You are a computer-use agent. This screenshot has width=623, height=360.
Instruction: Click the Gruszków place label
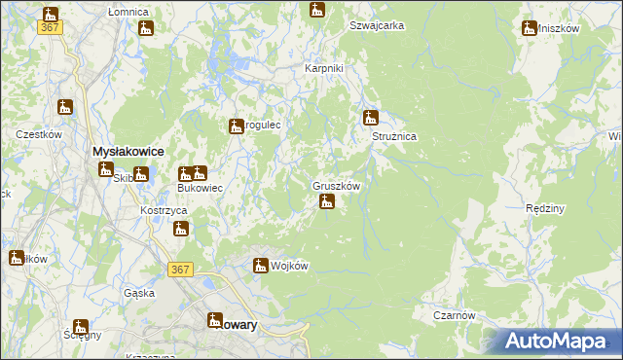[x=337, y=185]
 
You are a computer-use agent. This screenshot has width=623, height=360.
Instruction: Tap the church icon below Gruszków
[x=327, y=202]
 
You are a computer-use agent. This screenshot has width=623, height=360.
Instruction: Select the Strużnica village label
[x=394, y=137]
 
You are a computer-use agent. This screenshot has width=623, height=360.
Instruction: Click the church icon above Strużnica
[x=370, y=119]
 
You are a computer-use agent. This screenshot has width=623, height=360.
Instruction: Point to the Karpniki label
[x=324, y=69]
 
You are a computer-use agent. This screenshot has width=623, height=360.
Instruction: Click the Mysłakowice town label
[x=127, y=152]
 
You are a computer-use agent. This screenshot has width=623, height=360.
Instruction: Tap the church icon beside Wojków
[x=261, y=265]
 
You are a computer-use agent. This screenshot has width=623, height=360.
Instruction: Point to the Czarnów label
[x=455, y=315]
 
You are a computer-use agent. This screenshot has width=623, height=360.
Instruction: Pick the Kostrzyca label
[x=163, y=211]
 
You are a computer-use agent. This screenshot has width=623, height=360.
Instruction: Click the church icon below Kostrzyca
[x=181, y=230]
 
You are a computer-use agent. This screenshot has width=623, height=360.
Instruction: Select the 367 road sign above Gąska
[x=178, y=270]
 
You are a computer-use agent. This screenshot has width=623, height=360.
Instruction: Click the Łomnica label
[x=128, y=12]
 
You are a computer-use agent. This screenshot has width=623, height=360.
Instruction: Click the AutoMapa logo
[x=560, y=342]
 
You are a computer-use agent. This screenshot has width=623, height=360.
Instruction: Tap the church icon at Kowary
[x=216, y=320]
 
